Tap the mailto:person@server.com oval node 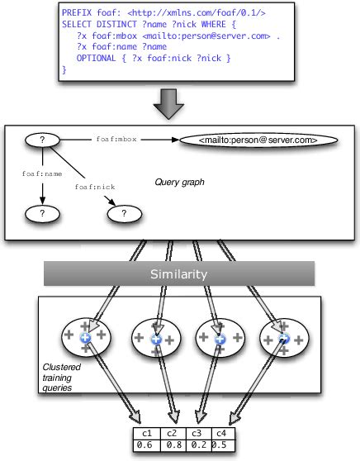(x=258, y=141)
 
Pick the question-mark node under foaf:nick (x=124, y=215)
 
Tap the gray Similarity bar (x=179, y=273)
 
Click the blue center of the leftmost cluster (x=84, y=339)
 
